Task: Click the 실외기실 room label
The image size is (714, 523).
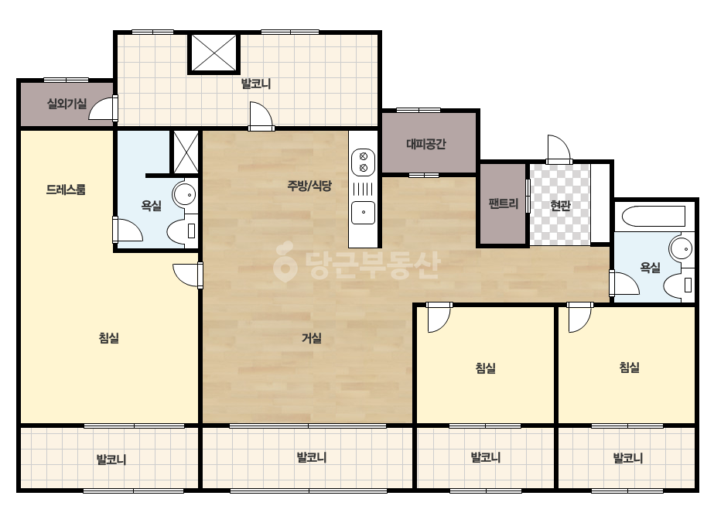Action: click(67, 104)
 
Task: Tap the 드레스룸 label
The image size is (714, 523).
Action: click(66, 189)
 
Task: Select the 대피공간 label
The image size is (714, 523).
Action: click(426, 145)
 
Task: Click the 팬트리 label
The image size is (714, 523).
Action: click(503, 203)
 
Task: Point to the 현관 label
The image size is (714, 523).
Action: click(560, 206)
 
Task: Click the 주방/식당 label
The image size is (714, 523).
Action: click(309, 186)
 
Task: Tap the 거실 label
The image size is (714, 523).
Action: click(312, 337)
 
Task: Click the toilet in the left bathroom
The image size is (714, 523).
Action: click(182, 231)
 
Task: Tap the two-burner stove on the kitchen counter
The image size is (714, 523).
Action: click(364, 162)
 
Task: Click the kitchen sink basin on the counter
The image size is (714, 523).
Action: click(364, 213)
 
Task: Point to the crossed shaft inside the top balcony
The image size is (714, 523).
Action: click(214, 53)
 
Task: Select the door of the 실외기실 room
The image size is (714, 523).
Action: click(103, 108)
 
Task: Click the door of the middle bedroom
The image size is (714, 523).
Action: click(439, 317)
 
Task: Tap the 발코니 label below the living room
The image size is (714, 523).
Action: click(312, 457)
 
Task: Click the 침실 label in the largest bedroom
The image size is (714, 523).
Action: click(109, 337)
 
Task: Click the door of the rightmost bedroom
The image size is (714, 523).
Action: click(580, 317)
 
